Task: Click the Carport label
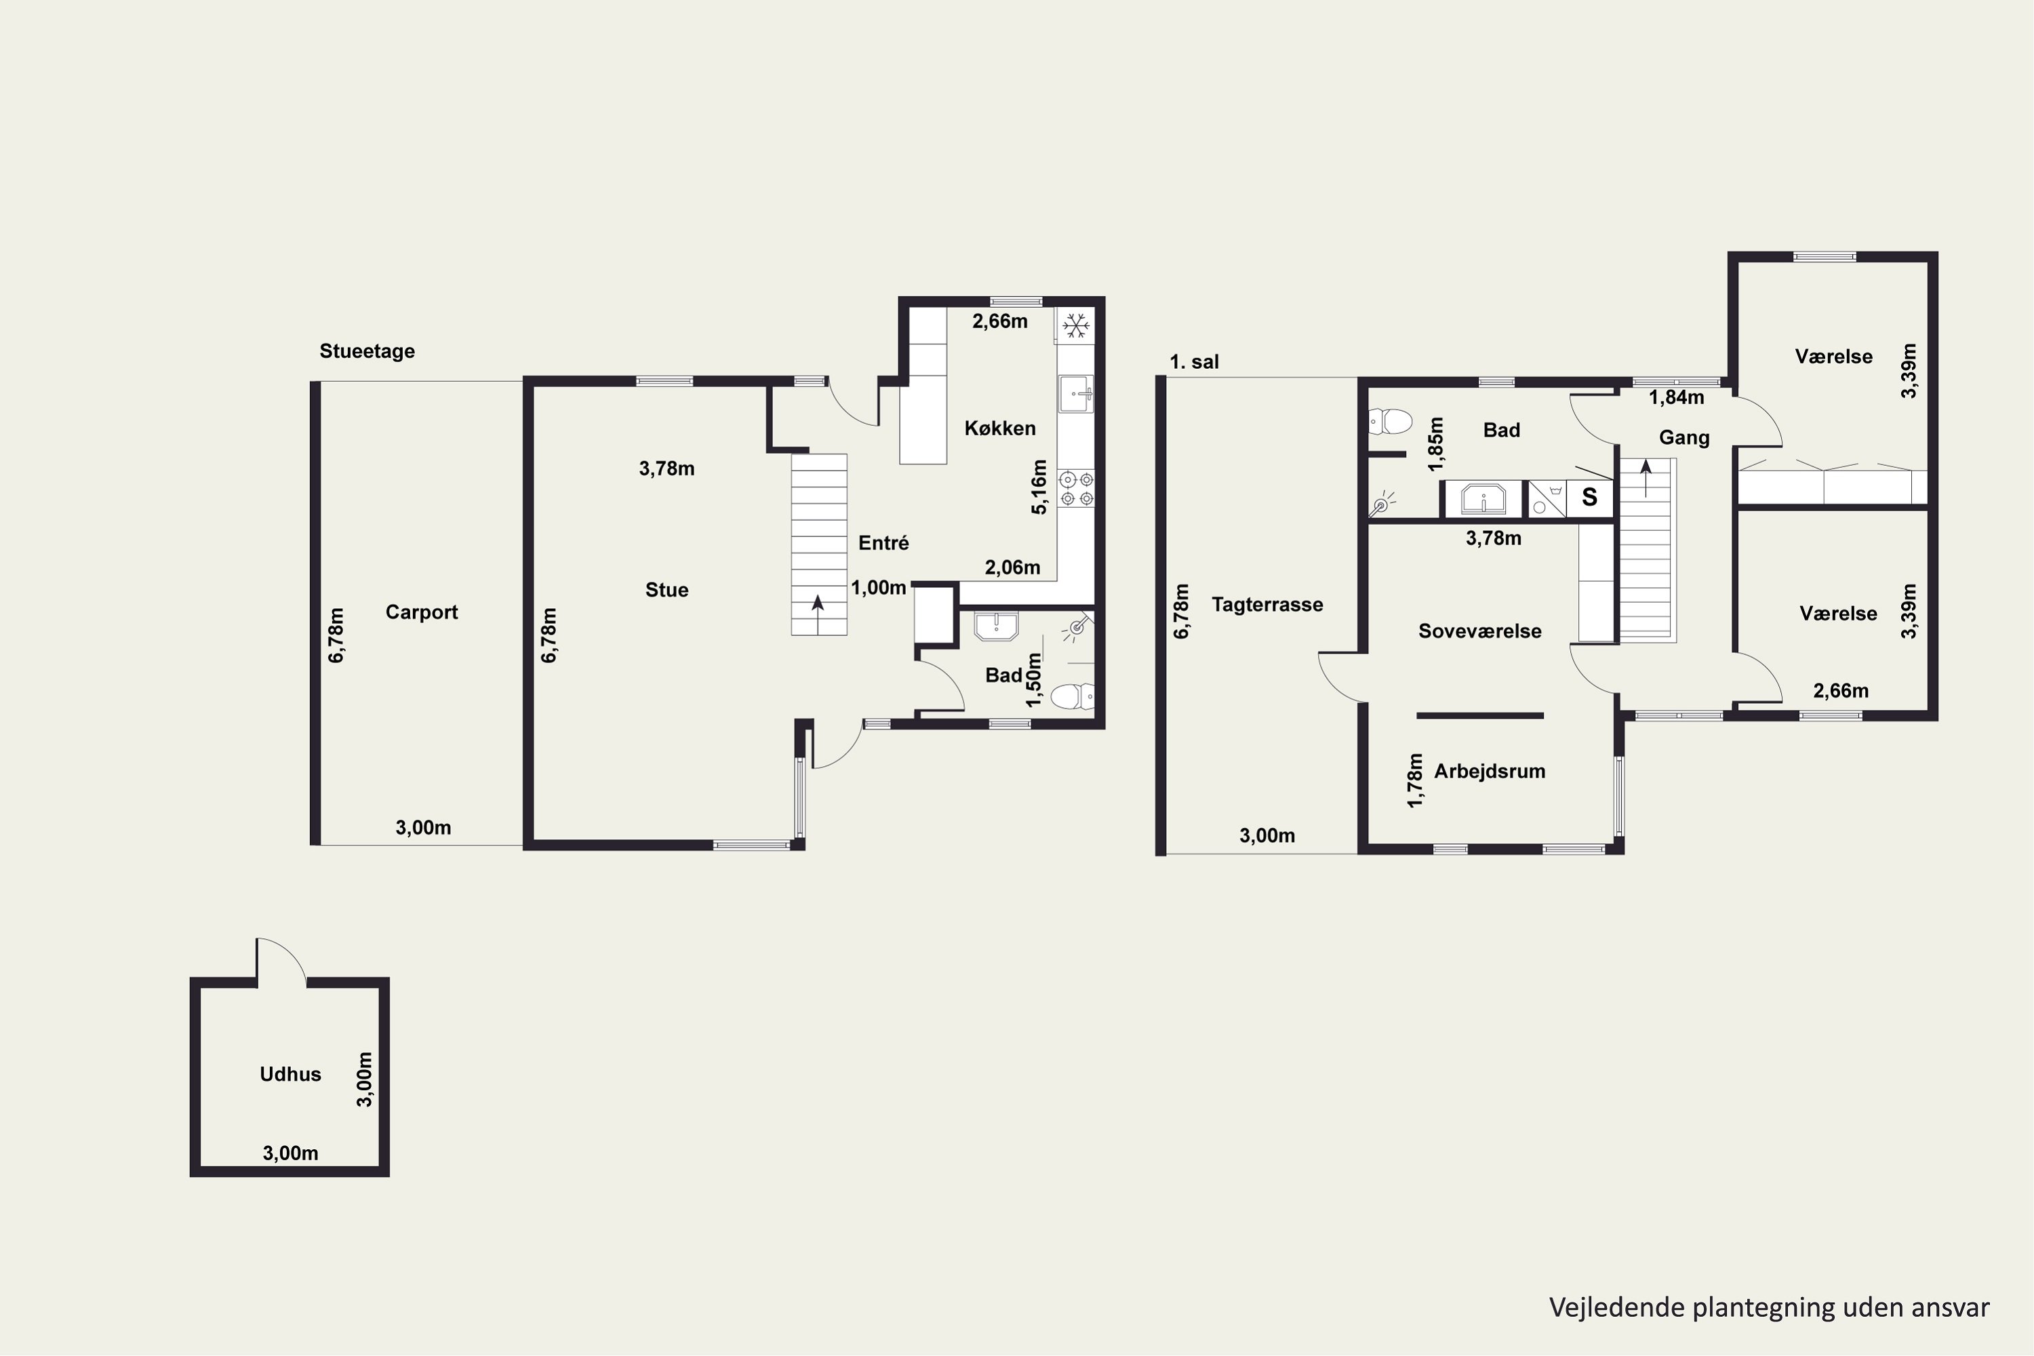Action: pyautogui.click(x=421, y=612)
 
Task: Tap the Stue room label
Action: pyautogui.click(x=666, y=590)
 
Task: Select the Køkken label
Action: pyautogui.click(x=999, y=428)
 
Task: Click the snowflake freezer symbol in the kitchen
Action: pyautogui.click(x=1075, y=326)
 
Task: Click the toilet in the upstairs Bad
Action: pyautogui.click(x=1391, y=422)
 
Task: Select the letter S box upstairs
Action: pyautogui.click(x=1589, y=498)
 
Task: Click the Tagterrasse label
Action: pyautogui.click(x=1267, y=605)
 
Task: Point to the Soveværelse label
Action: pyautogui.click(x=1479, y=631)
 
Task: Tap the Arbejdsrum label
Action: pyautogui.click(x=1489, y=772)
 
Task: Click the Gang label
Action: pyautogui.click(x=1683, y=437)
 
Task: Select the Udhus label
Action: pyautogui.click(x=291, y=1074)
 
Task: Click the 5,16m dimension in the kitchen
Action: pyautogui.click(x=1039, y=487)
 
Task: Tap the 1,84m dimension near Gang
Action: pyautogui.click(x=1676, y=398)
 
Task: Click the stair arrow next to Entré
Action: pyautogui.click(x=818, y=614)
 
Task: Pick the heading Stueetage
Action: pyautogui.click(x=367, y=351)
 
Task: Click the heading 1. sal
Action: pyautogui.click(x=1194, y=362)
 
